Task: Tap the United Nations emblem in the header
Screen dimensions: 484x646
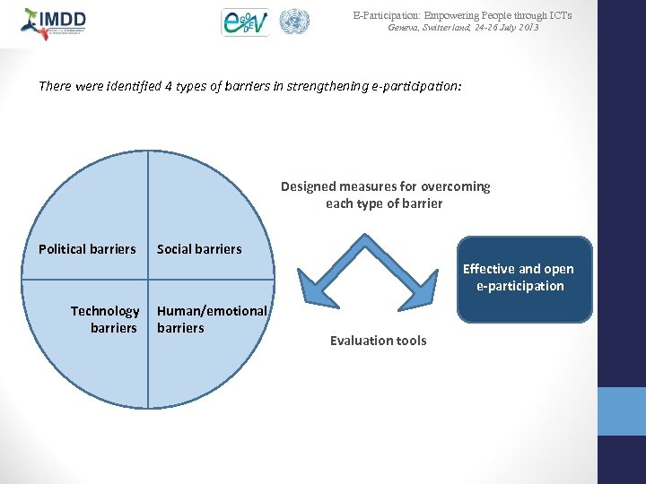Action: (293, 22)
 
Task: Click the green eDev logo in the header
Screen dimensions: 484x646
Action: (245, 22)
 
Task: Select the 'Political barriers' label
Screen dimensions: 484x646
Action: (87, 249)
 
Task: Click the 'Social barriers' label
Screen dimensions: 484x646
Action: (199, 249)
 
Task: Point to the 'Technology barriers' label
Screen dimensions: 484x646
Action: (106, 319)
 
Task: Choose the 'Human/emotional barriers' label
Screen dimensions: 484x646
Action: (212, 319)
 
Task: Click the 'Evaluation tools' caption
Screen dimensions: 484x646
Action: (378, 341)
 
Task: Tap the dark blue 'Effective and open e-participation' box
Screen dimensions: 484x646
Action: (525, 278)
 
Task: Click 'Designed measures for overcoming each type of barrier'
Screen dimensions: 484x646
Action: (385, 194)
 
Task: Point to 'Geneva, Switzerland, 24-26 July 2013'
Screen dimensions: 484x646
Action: (463, 28)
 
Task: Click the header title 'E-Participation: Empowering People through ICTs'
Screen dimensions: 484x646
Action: (462, 15)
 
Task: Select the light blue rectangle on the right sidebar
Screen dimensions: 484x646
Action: (621, 411)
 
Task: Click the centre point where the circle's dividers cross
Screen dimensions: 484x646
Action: (148, 279)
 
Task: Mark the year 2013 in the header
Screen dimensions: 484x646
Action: (528, 28)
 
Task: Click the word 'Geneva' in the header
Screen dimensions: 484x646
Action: (404, 28)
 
